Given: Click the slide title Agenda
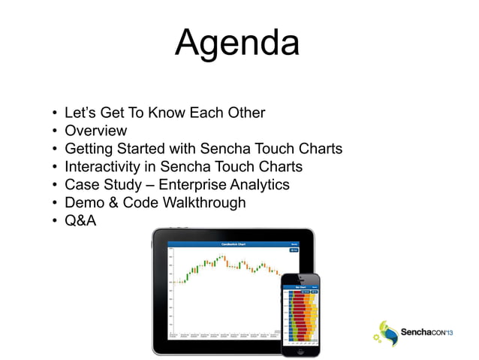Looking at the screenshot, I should pos(237,44).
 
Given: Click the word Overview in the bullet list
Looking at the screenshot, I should pos(95,131).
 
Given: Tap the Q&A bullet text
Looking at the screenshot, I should pos(80,221).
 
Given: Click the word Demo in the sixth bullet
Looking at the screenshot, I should pos(83,203).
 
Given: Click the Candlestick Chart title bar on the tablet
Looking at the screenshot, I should pos(226,244).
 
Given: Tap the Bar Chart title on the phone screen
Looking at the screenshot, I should pos(299,287).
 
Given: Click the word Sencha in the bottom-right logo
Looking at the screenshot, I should pos(417,331).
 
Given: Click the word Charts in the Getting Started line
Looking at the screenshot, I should pos(318,149).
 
